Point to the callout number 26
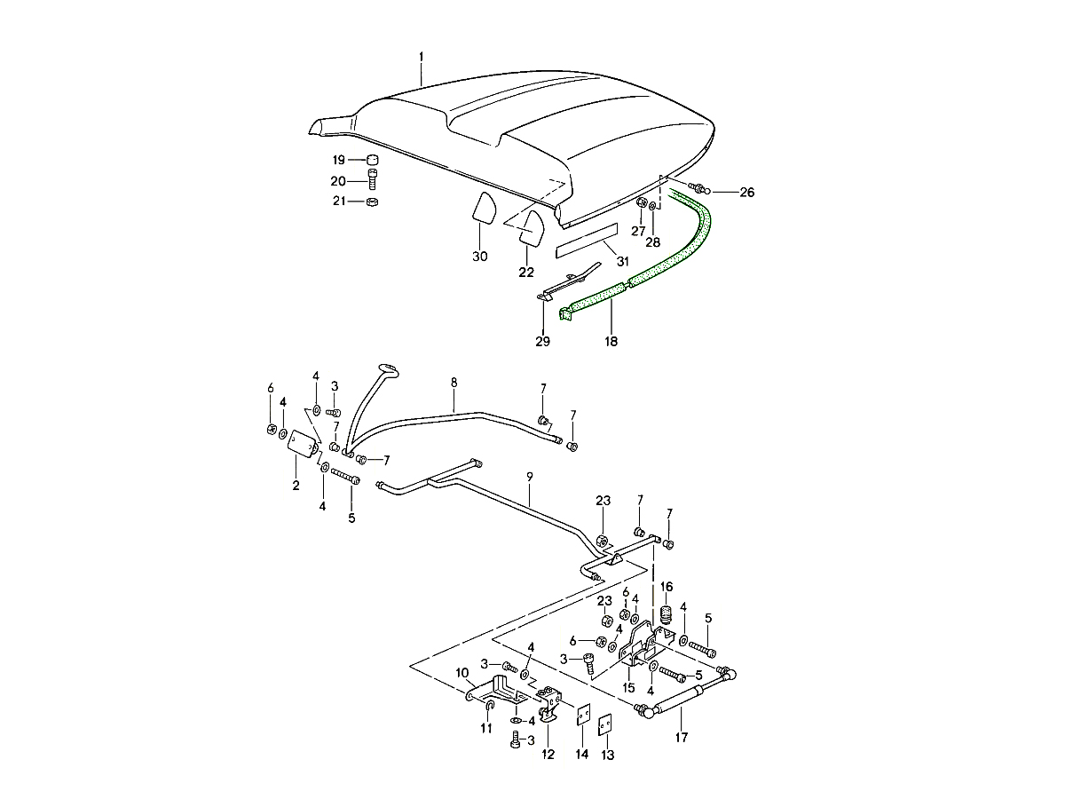[x=746, y=192]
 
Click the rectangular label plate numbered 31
[x=586, y=241]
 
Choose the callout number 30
[x=479, y=257]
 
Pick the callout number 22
[x=527, y=271]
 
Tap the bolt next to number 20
[x=373, y=181]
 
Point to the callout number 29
[x=541, y=341]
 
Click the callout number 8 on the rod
[x=454, y=383]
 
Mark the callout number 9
[x=529, y=477]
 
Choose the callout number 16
[x=666, y=587]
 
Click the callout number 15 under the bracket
[x=628, y=687]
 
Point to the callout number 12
[x=548, y=754]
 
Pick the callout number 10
[x=461, y=672]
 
